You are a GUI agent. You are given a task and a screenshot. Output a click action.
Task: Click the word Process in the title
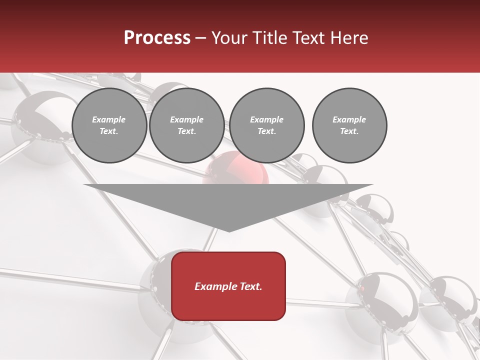click(x=157, y=38)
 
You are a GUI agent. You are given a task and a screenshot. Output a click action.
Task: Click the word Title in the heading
click(x=270, y=38)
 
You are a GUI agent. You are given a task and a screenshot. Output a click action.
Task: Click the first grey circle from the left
click(x=109, y=125)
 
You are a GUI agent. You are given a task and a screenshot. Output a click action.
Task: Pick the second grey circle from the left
click(x=186, y=125)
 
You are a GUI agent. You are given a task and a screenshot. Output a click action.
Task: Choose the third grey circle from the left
click(x=266, y=125)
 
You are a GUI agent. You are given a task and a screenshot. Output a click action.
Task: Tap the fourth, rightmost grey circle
click(x=349, y=125)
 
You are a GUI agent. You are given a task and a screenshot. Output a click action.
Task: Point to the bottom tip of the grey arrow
click(x=228, y=231)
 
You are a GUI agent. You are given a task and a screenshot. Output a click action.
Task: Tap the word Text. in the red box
click(x=251, y=286)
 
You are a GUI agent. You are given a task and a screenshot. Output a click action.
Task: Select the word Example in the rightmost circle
click(x=349, y=119)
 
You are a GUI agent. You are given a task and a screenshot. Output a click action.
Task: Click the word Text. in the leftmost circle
click(x=109, y=131)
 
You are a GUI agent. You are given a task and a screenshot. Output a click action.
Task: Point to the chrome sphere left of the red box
click(x=155, y=280)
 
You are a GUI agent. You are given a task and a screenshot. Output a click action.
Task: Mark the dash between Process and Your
click(x=201, y=38)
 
